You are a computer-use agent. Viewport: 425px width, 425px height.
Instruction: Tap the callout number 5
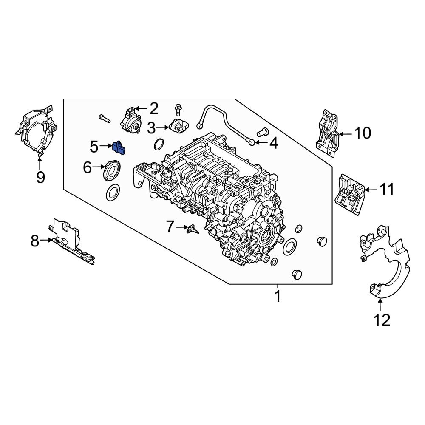click(94, 147)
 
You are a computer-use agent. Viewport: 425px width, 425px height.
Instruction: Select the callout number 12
click(381, 320)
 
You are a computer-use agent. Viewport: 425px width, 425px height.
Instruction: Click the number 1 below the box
click(278, 296)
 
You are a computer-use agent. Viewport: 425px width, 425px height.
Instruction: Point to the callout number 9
click(40, 176)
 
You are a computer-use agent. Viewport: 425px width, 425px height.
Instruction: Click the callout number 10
click(363, 133)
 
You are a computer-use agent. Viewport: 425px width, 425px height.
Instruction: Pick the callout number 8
click(35, 241)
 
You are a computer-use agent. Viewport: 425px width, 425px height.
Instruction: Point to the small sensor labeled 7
click(192, 229)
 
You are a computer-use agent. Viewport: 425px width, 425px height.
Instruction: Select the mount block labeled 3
click(178, 126)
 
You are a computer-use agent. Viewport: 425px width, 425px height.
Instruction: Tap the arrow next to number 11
click(371, 190)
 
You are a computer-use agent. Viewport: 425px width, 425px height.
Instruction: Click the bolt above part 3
click(178, 110)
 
